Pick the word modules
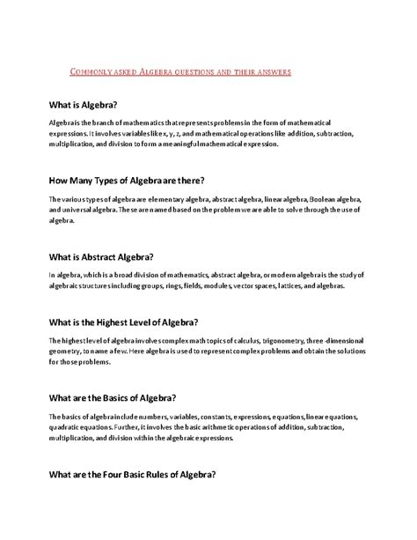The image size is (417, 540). coord(230,287)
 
